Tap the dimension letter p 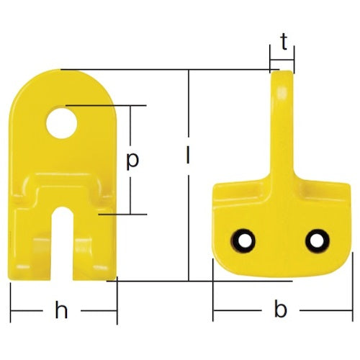[x=132, y=160]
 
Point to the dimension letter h [x=63, y=311]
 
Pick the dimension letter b [x=281, y=310]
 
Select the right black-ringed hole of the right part [x=315, y=239]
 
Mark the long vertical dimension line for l [x=189, y=216]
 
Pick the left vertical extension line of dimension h [x=11, y=302]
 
